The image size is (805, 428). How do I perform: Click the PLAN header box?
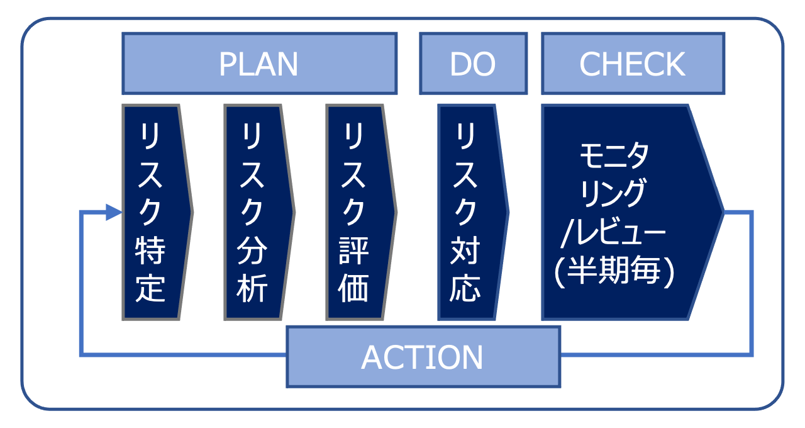point(259,64)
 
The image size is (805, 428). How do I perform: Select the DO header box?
point(472,64)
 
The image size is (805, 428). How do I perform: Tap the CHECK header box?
point(632,64)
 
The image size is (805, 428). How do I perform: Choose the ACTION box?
point(423,356)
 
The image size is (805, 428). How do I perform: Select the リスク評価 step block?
point(356,212)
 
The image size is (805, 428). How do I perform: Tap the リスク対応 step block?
point(467,212)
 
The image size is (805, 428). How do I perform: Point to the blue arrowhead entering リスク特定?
point(114,212)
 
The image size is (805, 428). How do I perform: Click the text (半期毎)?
point(614,273)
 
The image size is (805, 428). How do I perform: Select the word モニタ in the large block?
point(614,155)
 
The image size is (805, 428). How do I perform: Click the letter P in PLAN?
point(228,64)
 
